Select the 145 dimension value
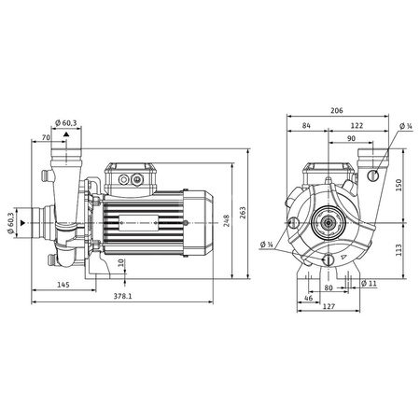point(63,284)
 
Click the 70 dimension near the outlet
point(46,138)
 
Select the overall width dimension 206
point(337,108)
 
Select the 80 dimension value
point(328,287)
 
